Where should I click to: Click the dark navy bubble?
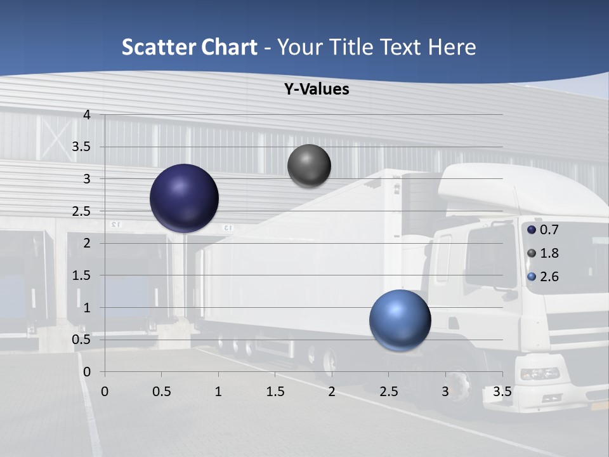184,198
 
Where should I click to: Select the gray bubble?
309,166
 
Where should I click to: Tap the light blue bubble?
400,320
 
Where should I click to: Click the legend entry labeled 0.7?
543,229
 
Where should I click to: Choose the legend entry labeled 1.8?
543,253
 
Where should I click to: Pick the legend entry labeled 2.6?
543,277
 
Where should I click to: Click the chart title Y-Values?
317,89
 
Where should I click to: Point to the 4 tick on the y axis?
87,115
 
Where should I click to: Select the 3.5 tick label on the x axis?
502,391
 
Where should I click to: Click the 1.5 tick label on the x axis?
275,391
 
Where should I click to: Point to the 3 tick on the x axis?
445,391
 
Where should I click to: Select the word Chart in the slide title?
229,47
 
